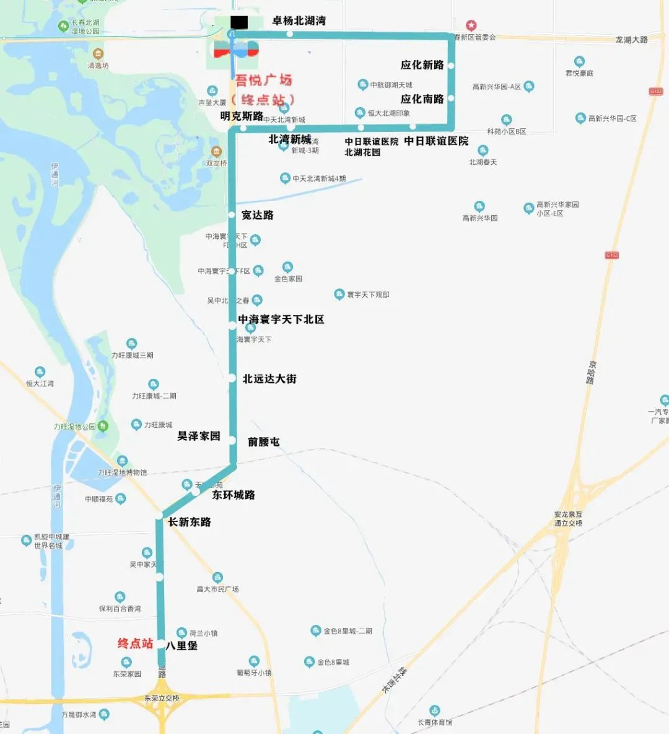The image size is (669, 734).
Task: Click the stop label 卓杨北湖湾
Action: coord(299,21)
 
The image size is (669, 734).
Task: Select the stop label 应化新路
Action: coord(422,65)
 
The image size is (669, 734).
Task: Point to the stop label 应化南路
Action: coord(422,99)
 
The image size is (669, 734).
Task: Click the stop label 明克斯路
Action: coord(242,116)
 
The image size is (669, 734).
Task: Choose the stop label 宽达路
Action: coord(257,215)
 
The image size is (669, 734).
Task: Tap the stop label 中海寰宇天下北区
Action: coord(281,319)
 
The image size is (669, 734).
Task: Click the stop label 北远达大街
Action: coord(269,378)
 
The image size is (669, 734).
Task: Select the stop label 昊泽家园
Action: coord(199,436)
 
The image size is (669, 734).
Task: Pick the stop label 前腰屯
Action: coord(263,442)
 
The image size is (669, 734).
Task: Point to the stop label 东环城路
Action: coord(233,495)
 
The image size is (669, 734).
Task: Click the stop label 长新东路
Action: coord(189,522)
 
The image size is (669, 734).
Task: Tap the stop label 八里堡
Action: coord(181,645)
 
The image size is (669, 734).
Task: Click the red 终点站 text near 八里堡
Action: coord(135,643)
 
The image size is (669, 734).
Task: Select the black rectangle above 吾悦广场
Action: coord(238,22)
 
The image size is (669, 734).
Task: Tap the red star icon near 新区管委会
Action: coord(471,25)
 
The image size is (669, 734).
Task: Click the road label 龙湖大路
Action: coord(631,40)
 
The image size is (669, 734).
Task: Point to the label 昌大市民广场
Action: coord(217,589)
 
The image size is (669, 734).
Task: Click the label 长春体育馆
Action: coord(434,722)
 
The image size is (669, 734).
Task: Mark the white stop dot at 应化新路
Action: coord(451,66)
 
